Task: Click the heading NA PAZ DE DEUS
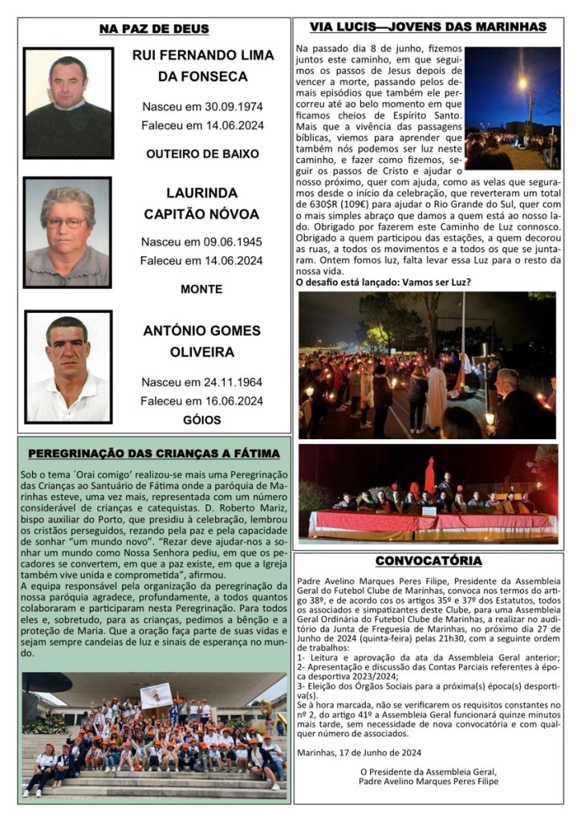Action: tap(154, 29)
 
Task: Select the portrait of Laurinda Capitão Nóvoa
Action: tap(67, 232)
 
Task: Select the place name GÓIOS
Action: tap(202, 419)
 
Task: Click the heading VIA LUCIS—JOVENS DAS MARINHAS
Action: tap(428, 27)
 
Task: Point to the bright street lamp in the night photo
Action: tap(522, 83)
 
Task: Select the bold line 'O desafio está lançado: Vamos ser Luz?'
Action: tap(383, 282)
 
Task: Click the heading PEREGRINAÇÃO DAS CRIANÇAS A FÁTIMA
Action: tap(154, 453)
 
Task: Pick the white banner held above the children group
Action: tap(156, 693)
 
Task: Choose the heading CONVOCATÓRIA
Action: tap(428, 560)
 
